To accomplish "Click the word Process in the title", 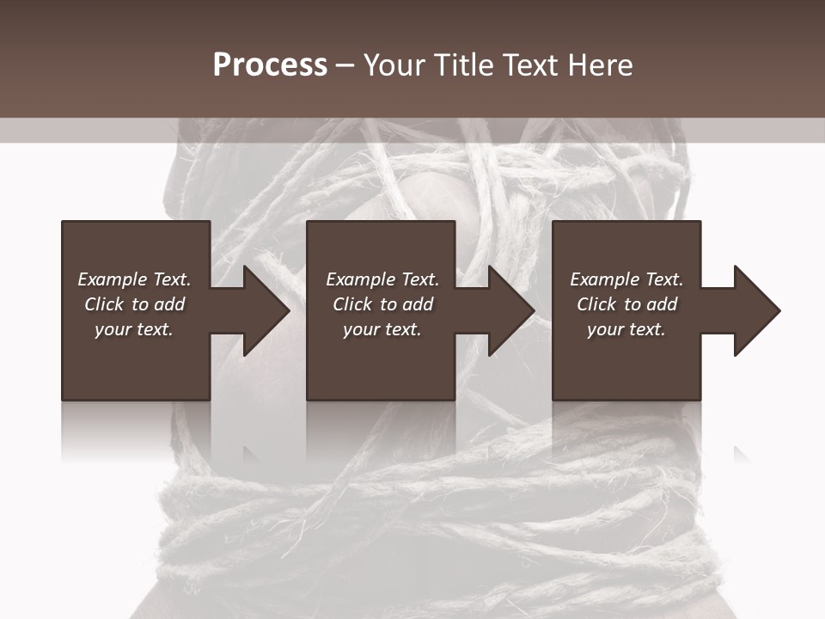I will pyautogui.click(x=270, y=65).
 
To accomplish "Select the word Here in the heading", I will pyautogui.click(x=601, y=65).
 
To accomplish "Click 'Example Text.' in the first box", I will pyautogui.click(x=134, y=279).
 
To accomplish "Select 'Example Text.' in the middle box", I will pyautogui.click(x=382, y=279).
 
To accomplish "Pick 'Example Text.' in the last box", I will pyautogui.click(x=626, y=279).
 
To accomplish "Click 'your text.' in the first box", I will pyautogui.click(x=134, y=329).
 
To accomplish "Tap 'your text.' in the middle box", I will pyautogui.click(x=382, y=329).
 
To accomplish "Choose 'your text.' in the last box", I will pyautogui.click(x=626, y=329).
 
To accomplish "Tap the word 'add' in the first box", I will pyautogui.click(x=169, y=304).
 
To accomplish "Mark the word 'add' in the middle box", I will pyautogui.click(x=418, y=304).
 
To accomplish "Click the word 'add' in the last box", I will pyautogui.click(x=662, y=304).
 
